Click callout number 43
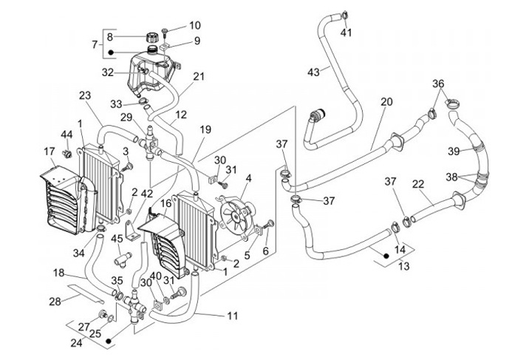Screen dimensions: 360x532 313,72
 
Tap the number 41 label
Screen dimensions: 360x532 347,33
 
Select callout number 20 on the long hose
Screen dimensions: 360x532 386,102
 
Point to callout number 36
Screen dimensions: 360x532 438,84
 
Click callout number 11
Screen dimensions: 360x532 233,316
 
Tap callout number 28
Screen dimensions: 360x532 55,301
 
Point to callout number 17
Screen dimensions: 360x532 50,152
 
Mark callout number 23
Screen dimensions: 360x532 84,96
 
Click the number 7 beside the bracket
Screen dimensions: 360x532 95,44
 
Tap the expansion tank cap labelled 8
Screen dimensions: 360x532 154,36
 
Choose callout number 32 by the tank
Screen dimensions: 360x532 107,72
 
